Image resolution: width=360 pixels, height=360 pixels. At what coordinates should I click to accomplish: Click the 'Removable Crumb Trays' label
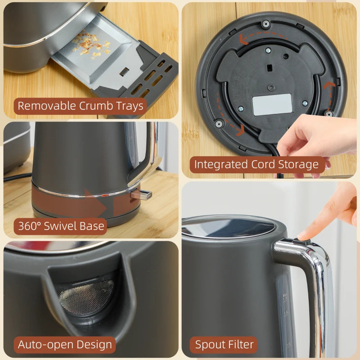pos(81,106)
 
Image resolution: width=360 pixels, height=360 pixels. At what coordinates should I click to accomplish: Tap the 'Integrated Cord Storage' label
pos(256,165)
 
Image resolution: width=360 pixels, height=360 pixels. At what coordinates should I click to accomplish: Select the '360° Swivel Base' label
pos(61,226)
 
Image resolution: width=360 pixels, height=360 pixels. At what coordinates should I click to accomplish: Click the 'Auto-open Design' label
pos(65,345)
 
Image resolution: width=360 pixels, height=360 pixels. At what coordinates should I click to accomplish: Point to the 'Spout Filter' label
pos(224,345)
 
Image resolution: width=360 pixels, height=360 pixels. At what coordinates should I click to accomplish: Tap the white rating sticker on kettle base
pos(272,104)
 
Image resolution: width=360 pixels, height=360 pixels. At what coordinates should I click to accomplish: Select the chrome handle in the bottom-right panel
pos(317,292)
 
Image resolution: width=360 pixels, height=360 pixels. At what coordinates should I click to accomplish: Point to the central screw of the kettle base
pos(271,87)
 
